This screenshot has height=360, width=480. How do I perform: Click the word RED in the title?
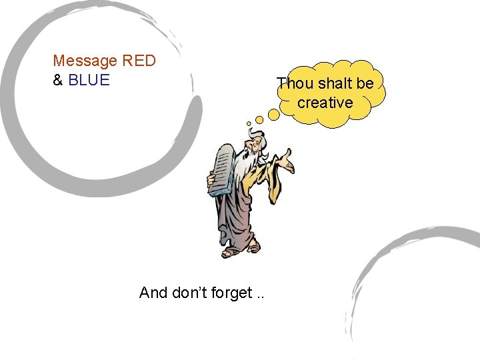(139, 61)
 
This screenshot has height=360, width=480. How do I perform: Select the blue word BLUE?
(89, 80)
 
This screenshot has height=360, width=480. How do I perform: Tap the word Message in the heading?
(85, 61)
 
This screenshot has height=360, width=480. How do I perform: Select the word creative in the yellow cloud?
(325, 103)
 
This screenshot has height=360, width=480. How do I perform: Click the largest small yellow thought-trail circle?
(273, 115)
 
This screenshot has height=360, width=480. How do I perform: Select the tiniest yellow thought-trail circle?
(249, 123)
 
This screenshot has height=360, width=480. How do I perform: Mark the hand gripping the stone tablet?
(212, 181)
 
